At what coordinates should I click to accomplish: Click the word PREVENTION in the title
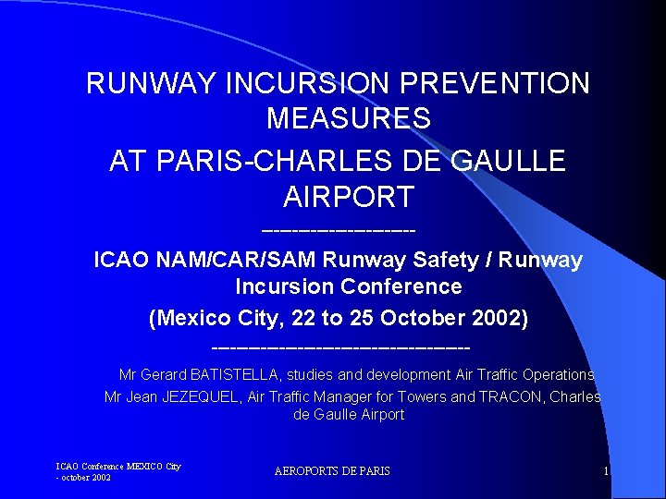(499, 83)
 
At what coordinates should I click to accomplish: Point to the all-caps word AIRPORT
(348, 196)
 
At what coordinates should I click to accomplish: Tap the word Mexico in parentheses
(196, 319)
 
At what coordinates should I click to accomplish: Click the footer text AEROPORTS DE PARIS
(332, 471)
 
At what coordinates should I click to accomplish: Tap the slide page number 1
(605, 471)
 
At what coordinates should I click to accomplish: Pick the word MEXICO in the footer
(142, 466)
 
